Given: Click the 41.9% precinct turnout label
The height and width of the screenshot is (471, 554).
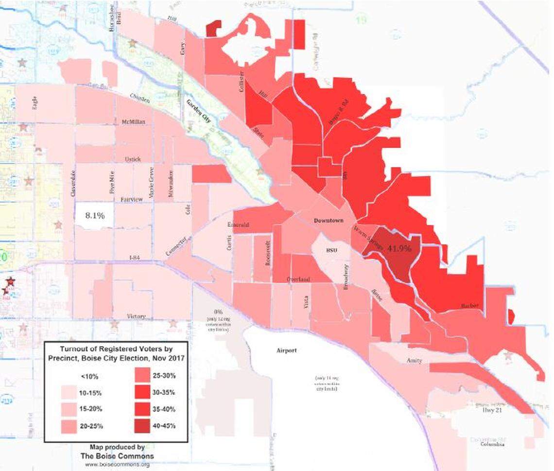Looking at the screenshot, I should coord(399,248).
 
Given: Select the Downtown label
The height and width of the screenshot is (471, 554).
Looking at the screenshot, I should coord(328,220).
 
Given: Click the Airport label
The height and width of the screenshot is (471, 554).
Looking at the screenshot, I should coord(286,350).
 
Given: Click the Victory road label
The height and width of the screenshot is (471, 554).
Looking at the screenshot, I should coord(136,316).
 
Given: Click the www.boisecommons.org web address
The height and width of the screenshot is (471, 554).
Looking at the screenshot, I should coord(117,464).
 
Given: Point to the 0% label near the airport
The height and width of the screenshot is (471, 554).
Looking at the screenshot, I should coord(214,311).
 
